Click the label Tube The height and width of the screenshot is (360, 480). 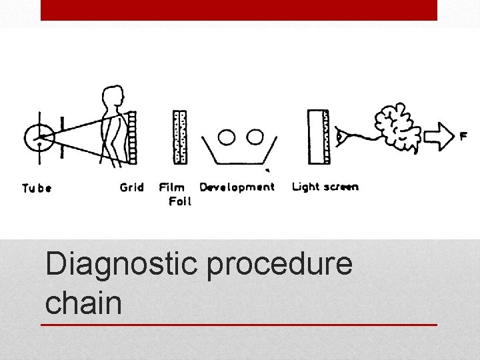point(37,188)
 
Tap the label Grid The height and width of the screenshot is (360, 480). point(131,187)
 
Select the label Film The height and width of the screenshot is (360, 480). point(172,187)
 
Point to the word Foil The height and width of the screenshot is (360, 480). point(179,201)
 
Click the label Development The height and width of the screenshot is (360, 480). point(237,187)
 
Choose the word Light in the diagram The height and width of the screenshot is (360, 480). point(306,187)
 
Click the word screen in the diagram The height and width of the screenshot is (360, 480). point(341,187)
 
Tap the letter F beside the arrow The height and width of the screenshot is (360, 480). point(463,137)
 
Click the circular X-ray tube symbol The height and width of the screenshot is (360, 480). point(39,137)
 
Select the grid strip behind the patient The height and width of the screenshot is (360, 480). point(132,137)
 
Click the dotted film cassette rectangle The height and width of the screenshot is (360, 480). point(179,137)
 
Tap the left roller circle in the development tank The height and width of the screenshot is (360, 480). point(227,137)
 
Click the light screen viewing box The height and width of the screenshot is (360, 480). point(318,137)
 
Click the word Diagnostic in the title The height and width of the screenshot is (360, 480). point(121,264)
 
